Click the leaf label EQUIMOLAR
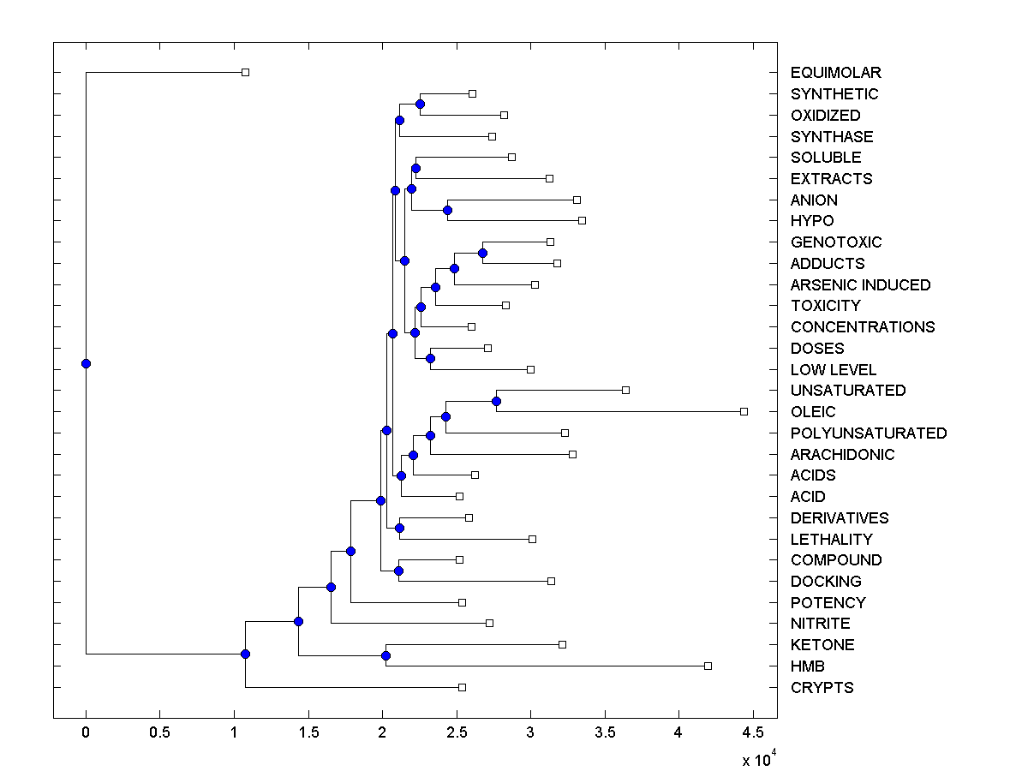coord(835,73)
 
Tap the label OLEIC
coord(813,411)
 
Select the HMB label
coord(808,666)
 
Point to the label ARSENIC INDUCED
coord(860,284)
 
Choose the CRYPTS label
coord(822,687)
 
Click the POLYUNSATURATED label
coord(869,433)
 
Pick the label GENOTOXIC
coord(835,242)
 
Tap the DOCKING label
coord(826,581)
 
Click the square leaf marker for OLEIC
coord(744,411)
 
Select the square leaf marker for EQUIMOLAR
coord(245,72)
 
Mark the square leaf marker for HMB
coord(708,666)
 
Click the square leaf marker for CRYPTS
coord(462,687)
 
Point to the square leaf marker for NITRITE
coord(489,623)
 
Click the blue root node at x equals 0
coord(86,363)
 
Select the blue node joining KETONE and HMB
coord(385,655)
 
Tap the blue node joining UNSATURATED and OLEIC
coord(496,401)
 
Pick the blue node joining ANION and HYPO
coord(447,210)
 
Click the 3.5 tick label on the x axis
coord(605,732)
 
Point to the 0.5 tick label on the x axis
coord(159,732)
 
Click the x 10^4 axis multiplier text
coord(757,759)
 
